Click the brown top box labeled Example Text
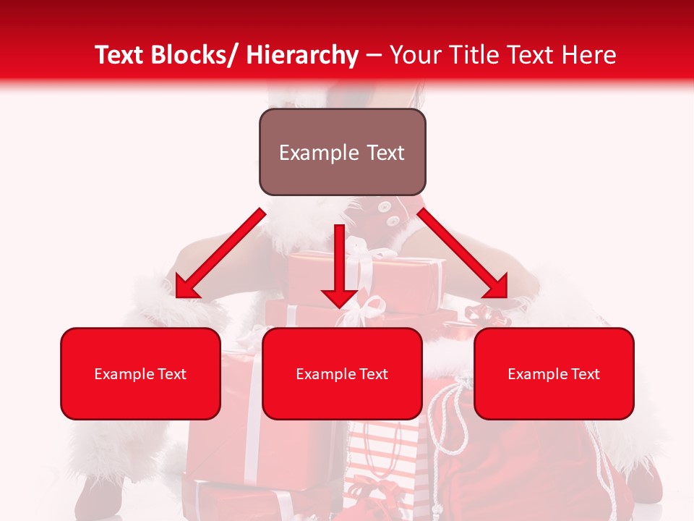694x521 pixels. (x=342, y=152)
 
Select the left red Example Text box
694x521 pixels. (x=140, y=373)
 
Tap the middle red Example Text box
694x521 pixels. (x=342, y=373)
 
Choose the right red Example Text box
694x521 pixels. (x=554, y=373)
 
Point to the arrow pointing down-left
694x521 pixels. (x=220, y=254)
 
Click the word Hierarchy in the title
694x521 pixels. (x=302, y=55)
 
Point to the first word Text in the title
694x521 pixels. (x=121, y=55)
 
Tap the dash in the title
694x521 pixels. (x=374, y=56)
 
